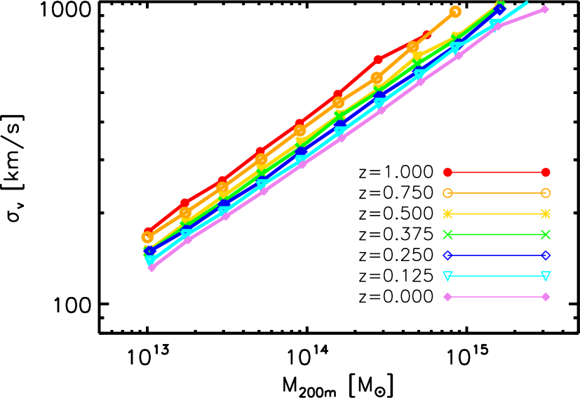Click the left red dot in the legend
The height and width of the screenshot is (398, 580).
coord(447,172)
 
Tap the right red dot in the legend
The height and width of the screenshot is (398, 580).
coord(546,172)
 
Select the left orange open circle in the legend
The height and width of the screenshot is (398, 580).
coord(447,193)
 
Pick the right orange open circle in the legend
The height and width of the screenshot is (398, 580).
coord(546,193)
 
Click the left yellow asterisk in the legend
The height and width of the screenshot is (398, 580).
coord(447,213)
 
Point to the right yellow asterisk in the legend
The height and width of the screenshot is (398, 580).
coord(546,213)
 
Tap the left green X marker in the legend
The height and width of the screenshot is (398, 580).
coord(447,234)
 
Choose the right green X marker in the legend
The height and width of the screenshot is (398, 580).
coord(546,234)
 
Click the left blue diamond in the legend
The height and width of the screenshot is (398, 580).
coord(447,256)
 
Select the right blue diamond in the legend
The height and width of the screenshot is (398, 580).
coord(546,256)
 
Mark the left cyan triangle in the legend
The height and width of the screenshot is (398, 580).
coord(447,276)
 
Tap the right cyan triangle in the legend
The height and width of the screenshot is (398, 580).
coord(546,276)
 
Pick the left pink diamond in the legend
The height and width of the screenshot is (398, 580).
coord(447,297)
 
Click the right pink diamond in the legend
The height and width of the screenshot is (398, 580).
coord(546,297)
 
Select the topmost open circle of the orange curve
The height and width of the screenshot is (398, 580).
coord(455,11)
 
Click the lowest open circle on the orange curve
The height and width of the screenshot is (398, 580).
coord(147,237)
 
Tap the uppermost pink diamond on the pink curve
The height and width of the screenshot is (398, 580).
coord(544,9)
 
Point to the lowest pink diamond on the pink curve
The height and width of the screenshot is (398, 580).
coord(151,267)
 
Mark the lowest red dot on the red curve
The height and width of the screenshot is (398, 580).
coord(148,231)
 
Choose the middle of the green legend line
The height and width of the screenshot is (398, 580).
coord(497,234)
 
